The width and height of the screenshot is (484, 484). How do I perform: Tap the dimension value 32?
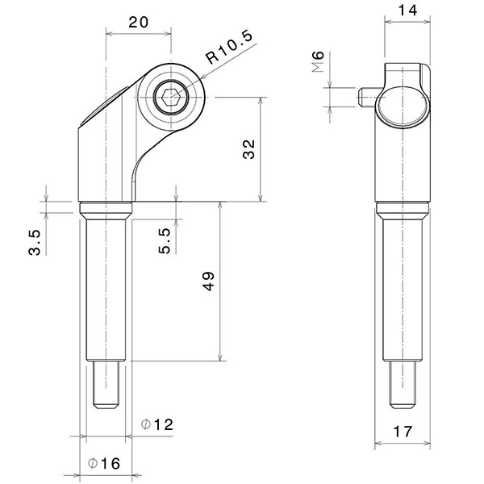249,148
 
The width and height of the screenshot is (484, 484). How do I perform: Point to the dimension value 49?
209,281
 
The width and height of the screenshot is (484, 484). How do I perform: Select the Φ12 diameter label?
157,423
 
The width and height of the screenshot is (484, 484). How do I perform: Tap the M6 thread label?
318,61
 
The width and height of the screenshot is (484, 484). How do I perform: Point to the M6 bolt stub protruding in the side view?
364,98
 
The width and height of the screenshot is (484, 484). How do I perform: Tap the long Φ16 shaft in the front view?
106,290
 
